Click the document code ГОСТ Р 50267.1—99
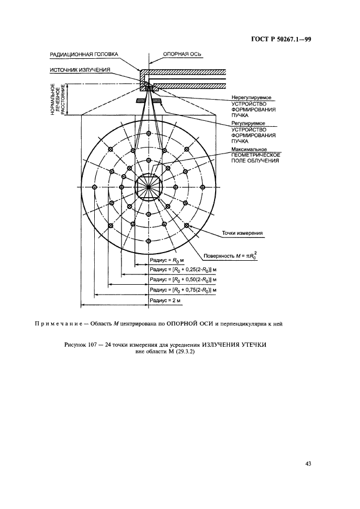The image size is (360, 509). [x=282, y=39]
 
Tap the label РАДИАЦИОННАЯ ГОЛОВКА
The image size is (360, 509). [x=84, y=54]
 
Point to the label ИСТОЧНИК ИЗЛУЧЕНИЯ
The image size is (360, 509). [x=80, y=70]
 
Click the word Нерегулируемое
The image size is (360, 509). [x=251, y=97]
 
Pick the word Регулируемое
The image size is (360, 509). [x=248, y=124]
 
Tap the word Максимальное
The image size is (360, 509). [x=249, y=149]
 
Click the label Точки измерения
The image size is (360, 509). [x=242, y=233]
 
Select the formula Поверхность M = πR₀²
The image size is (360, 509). [x=228, y=256]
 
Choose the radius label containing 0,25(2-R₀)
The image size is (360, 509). [x=183, y=270]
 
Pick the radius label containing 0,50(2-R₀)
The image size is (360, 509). [x=183, y=279]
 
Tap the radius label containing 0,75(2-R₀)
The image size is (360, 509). [x=183, y=290]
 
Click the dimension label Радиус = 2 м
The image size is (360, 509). [x=165, y=301]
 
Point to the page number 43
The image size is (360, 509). [x=308, y=464]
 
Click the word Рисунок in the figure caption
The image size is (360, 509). [x=75, y=345]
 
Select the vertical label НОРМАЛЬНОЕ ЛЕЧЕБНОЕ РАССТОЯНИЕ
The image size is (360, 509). [x=58, y=99]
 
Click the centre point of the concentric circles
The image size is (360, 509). [x=149, y=187]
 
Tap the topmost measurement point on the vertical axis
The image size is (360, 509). [x=149, y=133]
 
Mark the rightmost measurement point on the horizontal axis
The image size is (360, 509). [x=203, y=187]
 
